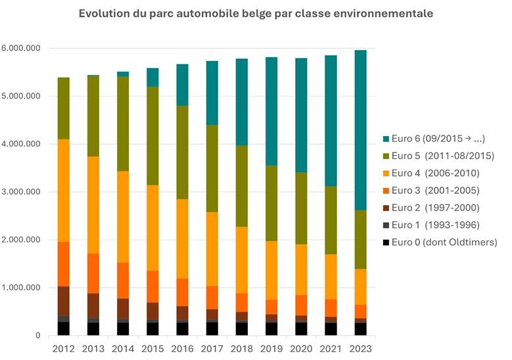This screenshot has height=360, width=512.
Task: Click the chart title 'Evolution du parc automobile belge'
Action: pyautogui.click(x=256, y=14)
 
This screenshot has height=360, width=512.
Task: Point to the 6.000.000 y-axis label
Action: pyautogui.click(x=21, y=49)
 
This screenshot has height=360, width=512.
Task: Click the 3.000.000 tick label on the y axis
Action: pyautogui.click(x=21, y=192)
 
